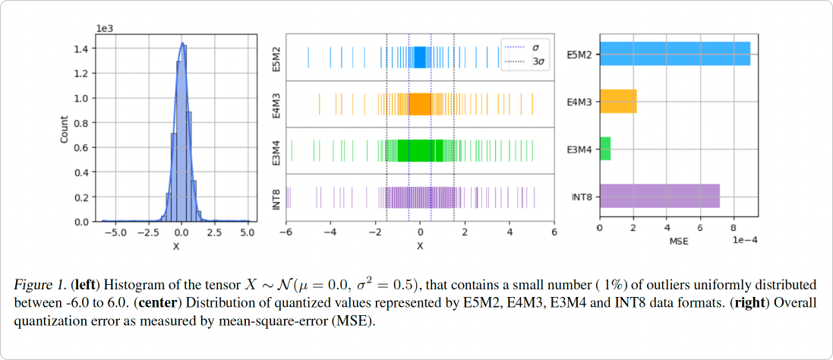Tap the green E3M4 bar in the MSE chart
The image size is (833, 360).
click(x=605, y=148)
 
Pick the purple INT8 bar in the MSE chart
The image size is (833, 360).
click(x=659, y=196)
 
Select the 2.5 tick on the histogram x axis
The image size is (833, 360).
click(x=214, y=232)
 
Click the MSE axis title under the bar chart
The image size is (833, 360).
click(x=678, y=242)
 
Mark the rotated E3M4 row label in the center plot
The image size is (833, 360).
click(x=276, y=151)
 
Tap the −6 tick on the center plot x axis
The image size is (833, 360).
click(x=285, y=232)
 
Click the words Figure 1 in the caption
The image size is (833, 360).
click(x=37, y=285)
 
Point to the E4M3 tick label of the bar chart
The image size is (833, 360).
click(x=580, y=101)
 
